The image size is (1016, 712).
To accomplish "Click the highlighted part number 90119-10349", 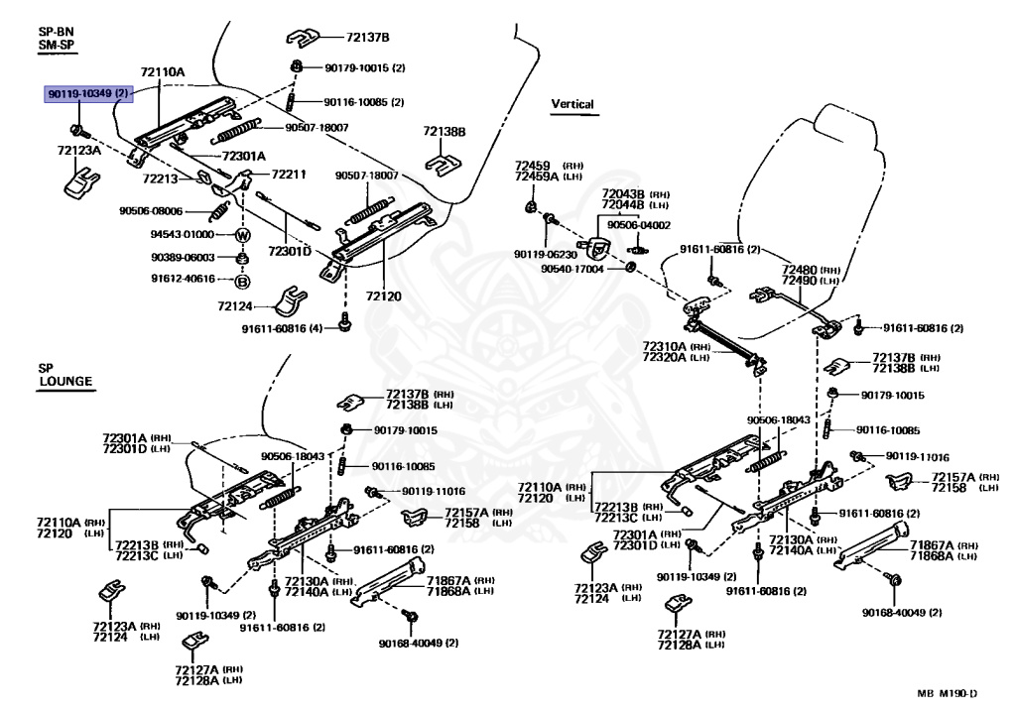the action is [x=88, y=94].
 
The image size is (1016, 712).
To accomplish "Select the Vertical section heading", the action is [x=572, y=104].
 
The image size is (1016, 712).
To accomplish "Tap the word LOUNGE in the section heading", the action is [x=65, y=381].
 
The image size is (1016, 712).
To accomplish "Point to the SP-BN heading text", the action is [x=56, y=31].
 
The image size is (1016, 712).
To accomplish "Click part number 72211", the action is [x=289, y=175].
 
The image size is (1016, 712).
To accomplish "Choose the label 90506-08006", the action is [x=151, y=211].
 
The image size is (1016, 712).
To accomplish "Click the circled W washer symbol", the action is [x=243, y=235].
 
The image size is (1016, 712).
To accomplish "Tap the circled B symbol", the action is [x=242, y=282].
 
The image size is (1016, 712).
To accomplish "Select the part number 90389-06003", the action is [x=183, y=257].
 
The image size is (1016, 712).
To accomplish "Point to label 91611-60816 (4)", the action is [x=282, y=328].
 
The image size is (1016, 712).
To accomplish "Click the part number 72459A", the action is [x=537, y=177].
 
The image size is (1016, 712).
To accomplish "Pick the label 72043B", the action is [x=623, y=193].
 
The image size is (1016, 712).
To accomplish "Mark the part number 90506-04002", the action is [x=639, y=225].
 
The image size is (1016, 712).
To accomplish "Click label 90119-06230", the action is [x=546, y=255].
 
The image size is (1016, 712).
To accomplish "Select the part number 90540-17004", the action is [x=572, y=268].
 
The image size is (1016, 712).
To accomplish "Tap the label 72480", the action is [x=799, y=270].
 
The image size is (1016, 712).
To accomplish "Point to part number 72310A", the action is [x=664, y=347].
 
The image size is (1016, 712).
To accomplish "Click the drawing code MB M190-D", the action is [x=948, y=693].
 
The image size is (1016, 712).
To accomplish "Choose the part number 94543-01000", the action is [x=183, y=235].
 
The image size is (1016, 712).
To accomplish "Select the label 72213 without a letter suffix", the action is [x=160, y=178].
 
